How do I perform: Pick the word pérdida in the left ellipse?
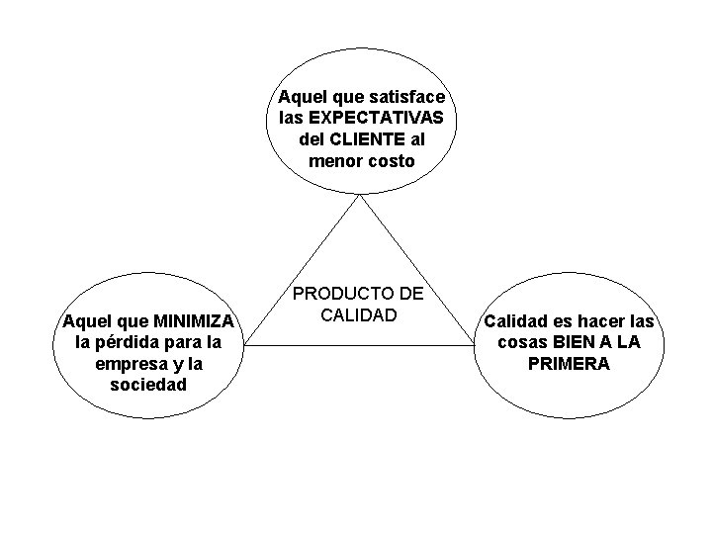(x=137, y=342)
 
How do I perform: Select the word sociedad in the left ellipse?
(x=148, y=384)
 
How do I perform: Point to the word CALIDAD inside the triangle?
(x=358, y=315)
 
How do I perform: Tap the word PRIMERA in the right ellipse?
(x=569, y=363)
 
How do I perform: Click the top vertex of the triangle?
(x=361, y=195)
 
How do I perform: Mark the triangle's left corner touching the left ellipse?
(x=246, y=345)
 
